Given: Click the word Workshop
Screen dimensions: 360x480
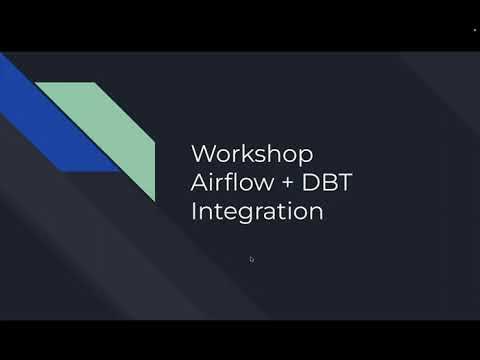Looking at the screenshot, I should (252, 155).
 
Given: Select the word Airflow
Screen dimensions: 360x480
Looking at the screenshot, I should (226, 184).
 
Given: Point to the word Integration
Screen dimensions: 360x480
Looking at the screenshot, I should (256, 213).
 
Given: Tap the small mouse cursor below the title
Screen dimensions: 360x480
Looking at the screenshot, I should (251, 259).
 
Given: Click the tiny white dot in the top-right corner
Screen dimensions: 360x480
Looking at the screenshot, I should (474, 31).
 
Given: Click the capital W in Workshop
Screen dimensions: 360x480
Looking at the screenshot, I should (202, 155).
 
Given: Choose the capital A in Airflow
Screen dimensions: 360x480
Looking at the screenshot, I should (199, 184).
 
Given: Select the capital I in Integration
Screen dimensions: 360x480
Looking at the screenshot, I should (193, 212).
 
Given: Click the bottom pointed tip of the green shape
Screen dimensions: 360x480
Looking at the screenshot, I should (154, 200).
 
